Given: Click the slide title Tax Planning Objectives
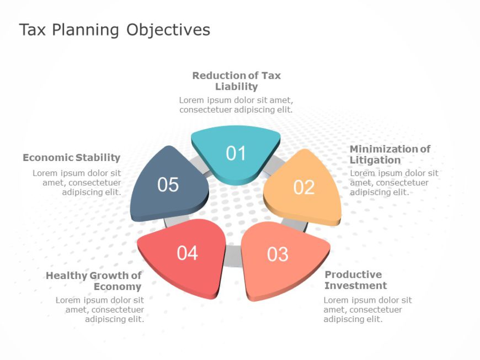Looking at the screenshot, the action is click(115, 30).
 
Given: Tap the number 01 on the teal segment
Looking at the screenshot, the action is click(236, 153).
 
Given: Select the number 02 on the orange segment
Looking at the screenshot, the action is click(303, 187).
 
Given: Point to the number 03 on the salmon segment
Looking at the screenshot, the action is click(278, 254).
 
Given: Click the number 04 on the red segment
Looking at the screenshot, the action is click(188, 253).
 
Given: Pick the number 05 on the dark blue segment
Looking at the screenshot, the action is click(168, 185).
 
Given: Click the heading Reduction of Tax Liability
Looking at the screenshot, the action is click(236, 81).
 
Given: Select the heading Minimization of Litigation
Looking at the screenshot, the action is click(390, 154).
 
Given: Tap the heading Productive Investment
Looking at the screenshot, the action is click(356, 280).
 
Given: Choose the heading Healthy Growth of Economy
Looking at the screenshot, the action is click(94, 281).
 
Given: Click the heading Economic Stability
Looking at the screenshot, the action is click(72, 158).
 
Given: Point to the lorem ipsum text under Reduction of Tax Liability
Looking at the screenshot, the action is click(236, 105).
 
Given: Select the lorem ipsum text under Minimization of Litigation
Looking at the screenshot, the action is click(394, 182).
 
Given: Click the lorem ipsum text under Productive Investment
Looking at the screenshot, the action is click(367, 309).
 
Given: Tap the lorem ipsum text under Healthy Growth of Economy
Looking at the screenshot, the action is click(100, 309).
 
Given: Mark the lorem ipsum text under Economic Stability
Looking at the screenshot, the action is click(77, 182).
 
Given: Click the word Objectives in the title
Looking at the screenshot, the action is click(168, 30).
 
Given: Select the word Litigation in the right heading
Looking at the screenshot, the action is click(375, 160).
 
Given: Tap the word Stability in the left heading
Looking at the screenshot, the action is click(98, 158).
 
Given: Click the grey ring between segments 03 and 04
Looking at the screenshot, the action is click(233, 256).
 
